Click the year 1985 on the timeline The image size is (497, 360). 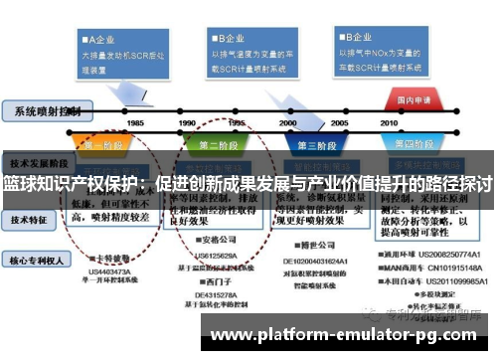tap(135, 123)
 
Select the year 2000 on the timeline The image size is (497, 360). tap(288, 123)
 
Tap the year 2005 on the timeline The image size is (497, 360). tap(339, 123)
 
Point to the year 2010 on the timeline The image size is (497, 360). tap(389, 123)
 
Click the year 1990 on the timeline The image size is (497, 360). tap(187, 123)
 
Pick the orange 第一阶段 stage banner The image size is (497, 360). tap(102, 145)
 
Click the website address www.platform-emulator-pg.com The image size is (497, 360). tap(350, 334)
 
